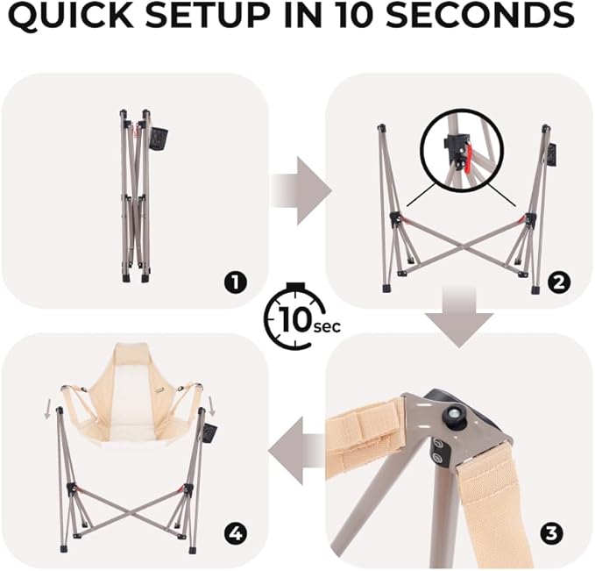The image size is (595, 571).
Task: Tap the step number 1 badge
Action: (x=235, y=282)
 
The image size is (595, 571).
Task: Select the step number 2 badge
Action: (x=559, y=282)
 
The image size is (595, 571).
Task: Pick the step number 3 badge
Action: (x=551, y=534)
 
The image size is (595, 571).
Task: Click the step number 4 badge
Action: (x=235, y=534)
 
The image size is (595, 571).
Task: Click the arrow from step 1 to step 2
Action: (x=301, y=191)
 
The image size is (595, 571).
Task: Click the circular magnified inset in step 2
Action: (x=463, y=150)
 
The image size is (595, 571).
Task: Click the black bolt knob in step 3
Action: (x=454, y=412)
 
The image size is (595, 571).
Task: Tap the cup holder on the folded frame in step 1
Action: (x=159, y=139)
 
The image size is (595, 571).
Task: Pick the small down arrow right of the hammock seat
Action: (x=211, y=404)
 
